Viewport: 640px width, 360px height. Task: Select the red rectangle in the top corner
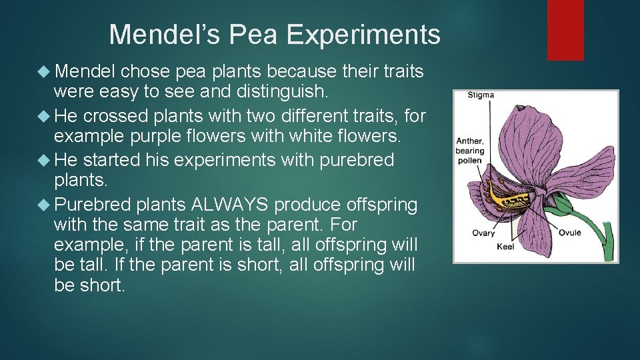click(565, 30)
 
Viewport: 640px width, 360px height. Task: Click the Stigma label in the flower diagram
click(481, 95)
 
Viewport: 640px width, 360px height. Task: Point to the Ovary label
click(483, 233)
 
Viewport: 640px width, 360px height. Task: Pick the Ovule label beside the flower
click(570, 233)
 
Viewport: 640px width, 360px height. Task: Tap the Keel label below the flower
click(505, 247)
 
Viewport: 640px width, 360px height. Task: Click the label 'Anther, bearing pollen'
click(469, 151)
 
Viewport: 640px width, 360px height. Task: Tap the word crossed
click(115, 117)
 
